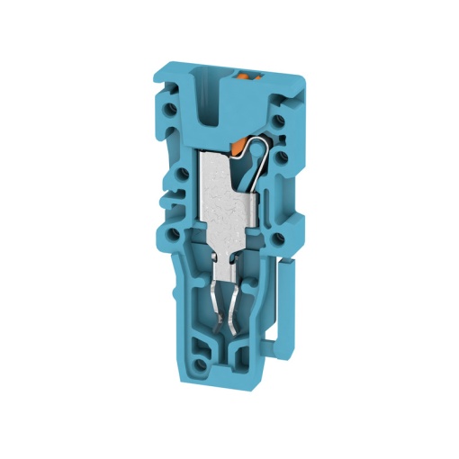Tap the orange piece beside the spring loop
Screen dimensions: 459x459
[240, 142]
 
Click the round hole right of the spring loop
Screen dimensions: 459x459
[282, 157]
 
